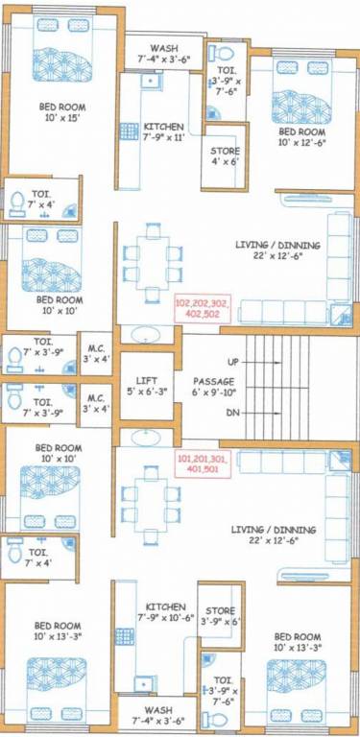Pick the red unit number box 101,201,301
tap(204, 464)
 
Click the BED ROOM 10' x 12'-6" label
tap(300, 136)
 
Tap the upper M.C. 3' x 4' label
tap(95, 352)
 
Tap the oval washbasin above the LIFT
tap(147, 335)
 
